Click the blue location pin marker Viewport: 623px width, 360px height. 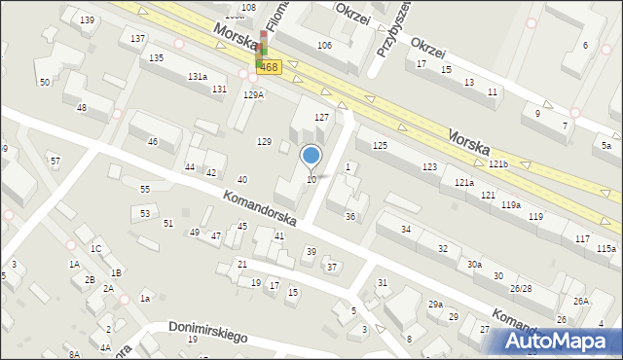[x=311, y=156]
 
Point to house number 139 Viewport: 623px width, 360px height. [x=88, y=20]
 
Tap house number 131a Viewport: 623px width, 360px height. [x=198, y=76]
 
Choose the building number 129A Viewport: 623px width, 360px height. [x=254, y=94]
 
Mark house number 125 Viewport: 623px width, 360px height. [x=380, y=145]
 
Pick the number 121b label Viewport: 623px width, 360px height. [x=498, y=164]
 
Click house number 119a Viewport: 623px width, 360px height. [x=511, y=205]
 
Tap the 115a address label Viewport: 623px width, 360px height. [x=605, y=250]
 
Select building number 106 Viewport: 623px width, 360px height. [x=324, y=46]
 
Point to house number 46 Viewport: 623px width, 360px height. [x=152, y=142]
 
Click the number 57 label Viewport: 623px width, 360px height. [x=55, y=161]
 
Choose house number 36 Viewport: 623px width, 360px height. [x=350, y=216]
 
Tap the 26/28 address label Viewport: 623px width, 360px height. [x=521, y=289]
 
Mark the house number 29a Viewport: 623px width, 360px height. [x=435, y=305]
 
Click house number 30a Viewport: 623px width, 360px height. [x=474, y=265]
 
